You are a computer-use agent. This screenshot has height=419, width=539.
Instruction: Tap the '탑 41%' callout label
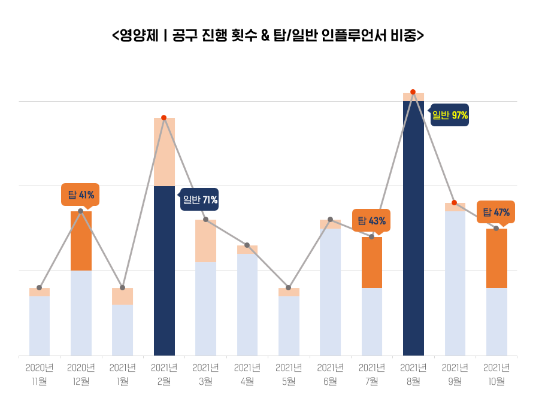[80, 195]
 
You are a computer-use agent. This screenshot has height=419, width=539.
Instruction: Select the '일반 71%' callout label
[200, 199]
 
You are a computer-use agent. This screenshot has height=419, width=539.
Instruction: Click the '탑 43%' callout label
[371, 221]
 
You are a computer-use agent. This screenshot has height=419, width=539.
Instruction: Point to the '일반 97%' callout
[450, 115]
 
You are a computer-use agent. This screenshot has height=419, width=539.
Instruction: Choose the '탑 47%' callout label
[496, 212]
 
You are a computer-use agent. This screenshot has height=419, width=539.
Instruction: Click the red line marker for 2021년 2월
[163, 118]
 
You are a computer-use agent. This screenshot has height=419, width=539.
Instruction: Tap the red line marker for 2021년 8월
[413, 92]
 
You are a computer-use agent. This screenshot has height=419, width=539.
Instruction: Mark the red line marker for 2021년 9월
[455, 203]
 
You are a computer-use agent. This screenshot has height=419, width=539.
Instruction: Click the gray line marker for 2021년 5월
[288, 288]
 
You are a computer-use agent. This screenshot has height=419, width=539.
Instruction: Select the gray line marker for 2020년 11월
[40, 288]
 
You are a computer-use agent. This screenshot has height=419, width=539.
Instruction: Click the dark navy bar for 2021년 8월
[413, 227]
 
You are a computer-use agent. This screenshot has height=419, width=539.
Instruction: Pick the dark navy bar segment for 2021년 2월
[164, 269]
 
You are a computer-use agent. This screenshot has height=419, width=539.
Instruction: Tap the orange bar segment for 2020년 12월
[81, 241]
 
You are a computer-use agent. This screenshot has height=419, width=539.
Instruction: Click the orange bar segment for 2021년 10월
[496, 259]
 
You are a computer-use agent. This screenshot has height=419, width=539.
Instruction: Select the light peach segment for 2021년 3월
[205, 241]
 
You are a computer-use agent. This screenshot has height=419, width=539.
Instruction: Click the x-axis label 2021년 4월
[247, 374]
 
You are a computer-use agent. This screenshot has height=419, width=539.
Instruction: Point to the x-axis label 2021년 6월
[330, 374]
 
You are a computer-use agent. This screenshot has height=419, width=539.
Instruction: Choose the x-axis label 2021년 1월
[122, 374]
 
